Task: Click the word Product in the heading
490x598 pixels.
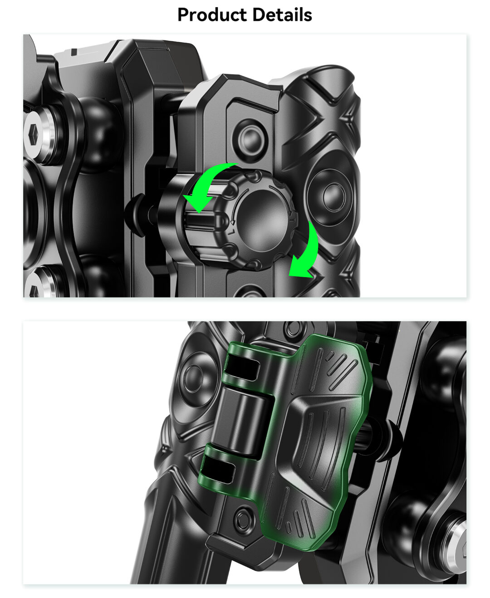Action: point(212,15)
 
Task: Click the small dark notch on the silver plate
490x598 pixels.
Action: point(74,52)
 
